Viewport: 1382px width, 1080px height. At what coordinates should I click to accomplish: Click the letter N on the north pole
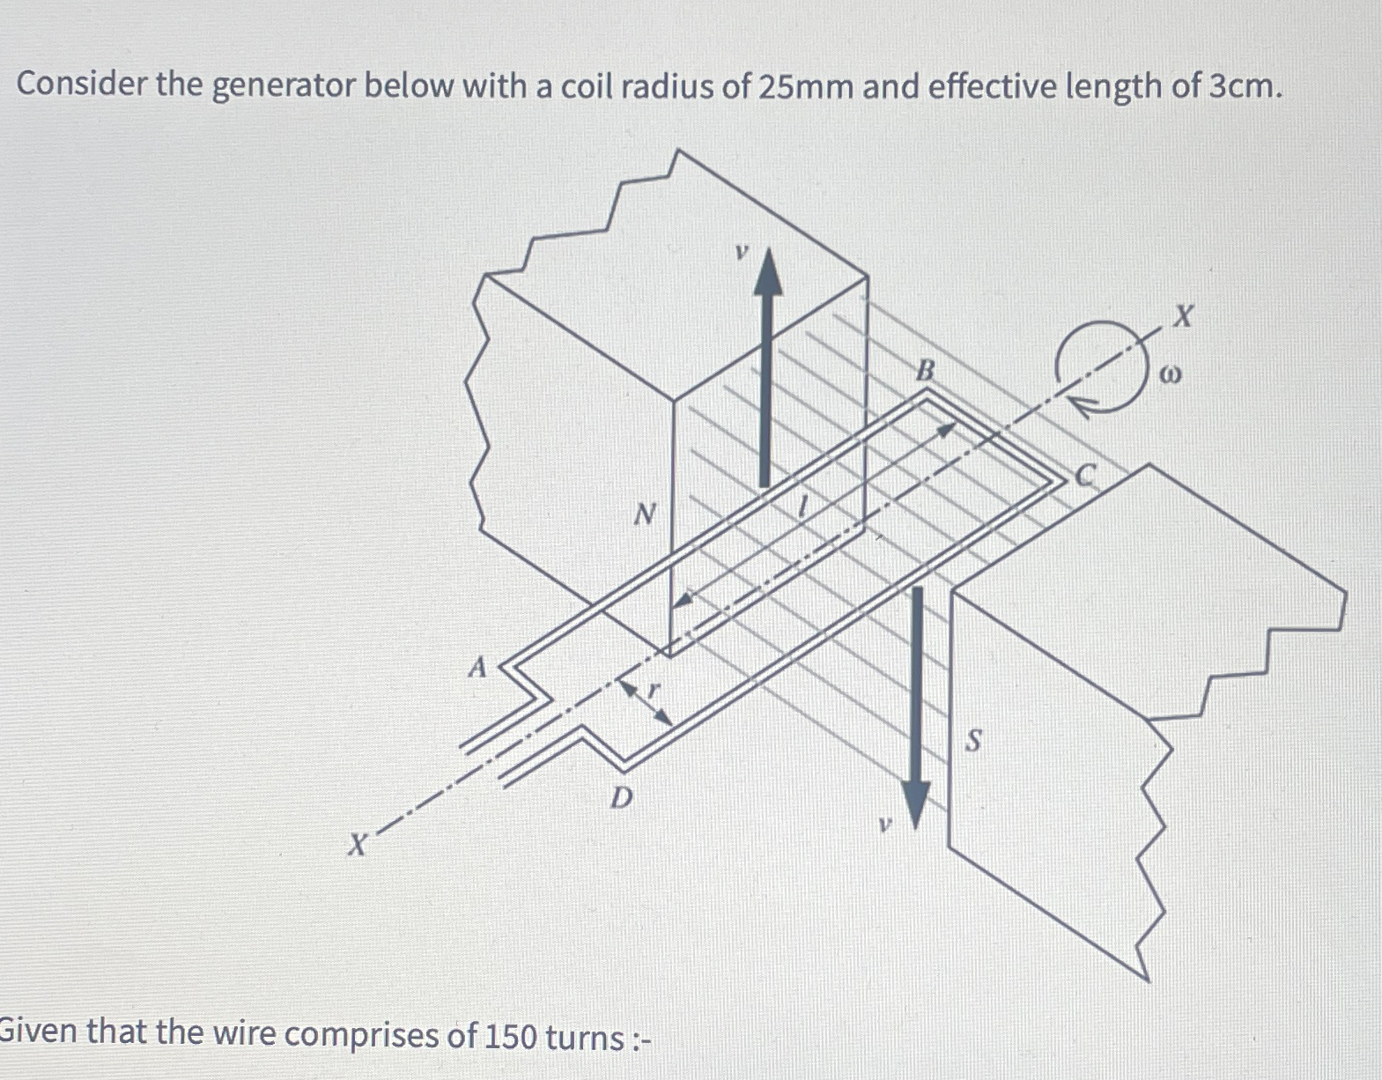coord(646,513)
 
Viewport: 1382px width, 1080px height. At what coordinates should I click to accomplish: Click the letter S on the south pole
coord(972,741)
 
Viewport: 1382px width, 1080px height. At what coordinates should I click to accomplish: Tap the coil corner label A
coord(477,667)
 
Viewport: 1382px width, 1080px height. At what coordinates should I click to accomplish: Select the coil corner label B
coord(924,370)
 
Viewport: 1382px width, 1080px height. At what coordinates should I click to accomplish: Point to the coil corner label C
coord(1086,477)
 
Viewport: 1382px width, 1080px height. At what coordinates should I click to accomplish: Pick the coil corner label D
coord(622,798)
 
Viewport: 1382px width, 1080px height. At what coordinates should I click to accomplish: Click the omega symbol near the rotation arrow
coord(1169,375)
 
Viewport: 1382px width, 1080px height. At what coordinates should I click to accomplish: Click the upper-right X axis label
coord(1183,316)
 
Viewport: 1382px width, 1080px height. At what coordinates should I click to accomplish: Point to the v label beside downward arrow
coord(884,825)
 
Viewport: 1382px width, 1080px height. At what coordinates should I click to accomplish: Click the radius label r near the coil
coord(653,690)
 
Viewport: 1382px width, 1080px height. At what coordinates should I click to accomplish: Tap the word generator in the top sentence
coord(284,86)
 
